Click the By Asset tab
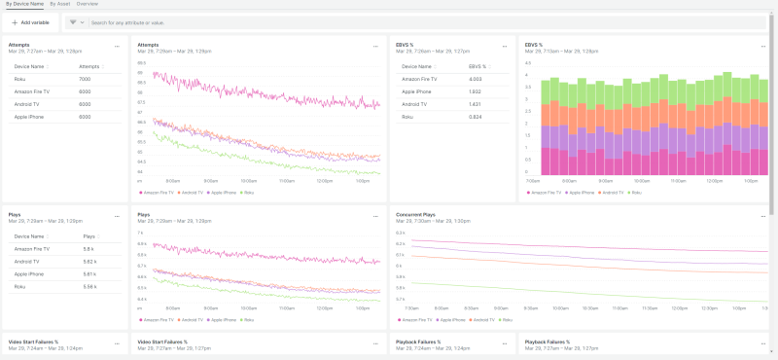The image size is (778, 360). click(x=59, y=4)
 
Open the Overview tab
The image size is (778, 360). click(x=88, y=4)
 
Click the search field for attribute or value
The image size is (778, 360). click(x=292, y=21)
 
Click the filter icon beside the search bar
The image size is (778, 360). click(x=74, y=21)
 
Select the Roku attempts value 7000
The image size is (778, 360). click(x=85, y=78)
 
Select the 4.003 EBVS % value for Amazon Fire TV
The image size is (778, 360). click(x=476, y=78)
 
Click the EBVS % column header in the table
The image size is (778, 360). click(x=478, y=66)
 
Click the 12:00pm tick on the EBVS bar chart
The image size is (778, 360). click(x=706, y=181)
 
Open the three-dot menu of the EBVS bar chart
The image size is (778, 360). click(x=763, y=45)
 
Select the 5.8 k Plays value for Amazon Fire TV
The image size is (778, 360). click(x=88, y=249)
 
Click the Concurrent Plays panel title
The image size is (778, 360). click(x=416, y=213)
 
